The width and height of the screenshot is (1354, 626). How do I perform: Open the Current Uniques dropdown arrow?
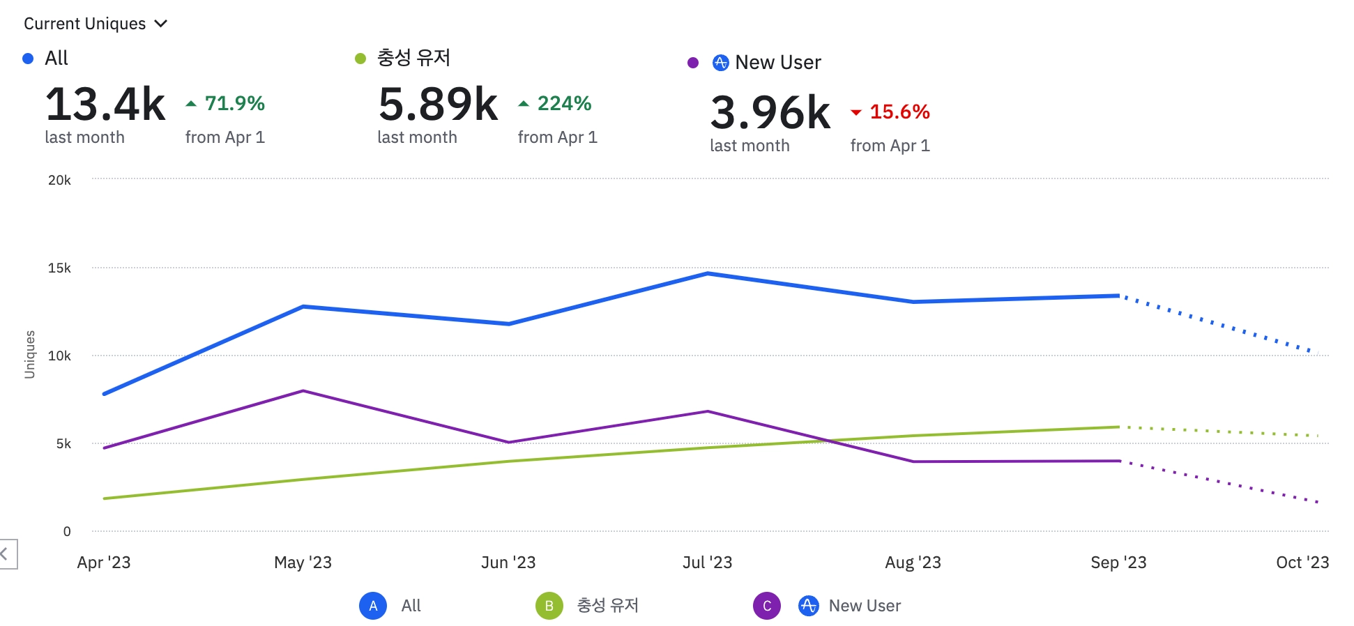pyautogui.click(x=161, y=24)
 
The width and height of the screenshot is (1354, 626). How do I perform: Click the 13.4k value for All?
pyautogui.click(x=105, y=105)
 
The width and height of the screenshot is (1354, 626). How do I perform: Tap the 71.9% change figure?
pyautogui.click(x=234, y=104)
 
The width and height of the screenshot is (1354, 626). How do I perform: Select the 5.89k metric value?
pyautogui.click(x=438, y=105)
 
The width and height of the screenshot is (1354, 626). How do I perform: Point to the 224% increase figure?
pyautogui.click(x=563, y=104)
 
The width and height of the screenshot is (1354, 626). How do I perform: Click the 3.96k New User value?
pyautogui.click(x=770, y=113)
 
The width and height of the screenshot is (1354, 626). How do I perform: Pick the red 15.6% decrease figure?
pyautogui.click(x=899, y=112)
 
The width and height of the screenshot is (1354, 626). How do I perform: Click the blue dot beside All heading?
pyautogui.click(x=28, y=59)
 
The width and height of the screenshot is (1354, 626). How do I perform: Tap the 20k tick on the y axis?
pyautogui.click(x=59, y=181)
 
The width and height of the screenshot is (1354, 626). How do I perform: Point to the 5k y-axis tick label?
pyautogui.click(x=63, y=444)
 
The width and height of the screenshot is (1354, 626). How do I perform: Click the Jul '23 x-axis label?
pyautogui.click(x=707, y=563)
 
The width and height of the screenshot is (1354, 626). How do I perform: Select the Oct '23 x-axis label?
pyautogui.click(x=1302, y=563)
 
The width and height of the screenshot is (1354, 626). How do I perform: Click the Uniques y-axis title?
pyautogui.click(x=29, y=355)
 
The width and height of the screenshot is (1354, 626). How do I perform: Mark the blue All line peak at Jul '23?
pyautogui.click(x=708, y=273)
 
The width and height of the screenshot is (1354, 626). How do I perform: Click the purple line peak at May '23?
pyautogui.click(x=303, y=391)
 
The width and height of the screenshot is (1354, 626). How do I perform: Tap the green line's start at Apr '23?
pyautogui.click(x=105, y=498)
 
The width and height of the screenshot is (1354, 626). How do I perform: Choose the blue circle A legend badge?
pyautogui.click(x=373, y=606)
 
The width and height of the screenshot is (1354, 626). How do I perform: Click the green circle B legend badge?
pyautogui.click(x=549, y=606)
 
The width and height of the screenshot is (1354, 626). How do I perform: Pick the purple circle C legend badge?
pyautogui.click(x=766, y=606)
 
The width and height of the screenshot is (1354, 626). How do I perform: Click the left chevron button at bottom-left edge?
pyautogui.click(x=6, y=554)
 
